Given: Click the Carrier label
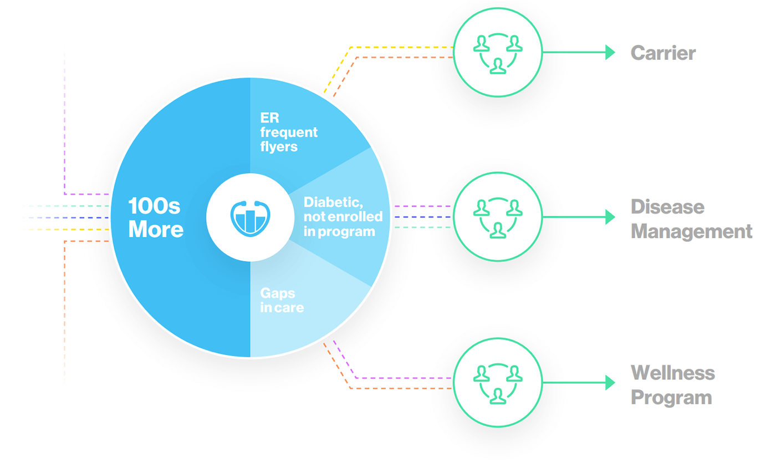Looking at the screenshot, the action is [x=663, y=53].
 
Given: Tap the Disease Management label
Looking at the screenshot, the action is [x=692, y=219].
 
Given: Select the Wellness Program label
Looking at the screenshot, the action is [x=673, y=384].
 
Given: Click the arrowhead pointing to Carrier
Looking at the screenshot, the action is [x=610, y=52].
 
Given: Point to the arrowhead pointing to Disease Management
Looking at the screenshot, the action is [x=610, y=217].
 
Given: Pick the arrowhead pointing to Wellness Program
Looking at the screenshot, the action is [x=610, y=383].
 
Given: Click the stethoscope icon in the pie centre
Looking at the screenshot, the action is [x=250, y=219].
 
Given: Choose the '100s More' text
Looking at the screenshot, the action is [x=156, y=217].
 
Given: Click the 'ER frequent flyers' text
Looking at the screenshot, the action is [x=289, y=132].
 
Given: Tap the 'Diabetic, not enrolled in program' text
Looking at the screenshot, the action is [x=343, y=217].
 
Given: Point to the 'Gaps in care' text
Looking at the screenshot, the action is [x=282, y=300].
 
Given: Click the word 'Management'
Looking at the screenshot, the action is [x=692, y=232].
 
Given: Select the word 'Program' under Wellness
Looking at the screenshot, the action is [x=671, y=398].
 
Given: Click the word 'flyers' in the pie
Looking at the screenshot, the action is [x=279, y=146].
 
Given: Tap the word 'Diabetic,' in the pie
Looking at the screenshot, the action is [x=333, y=202].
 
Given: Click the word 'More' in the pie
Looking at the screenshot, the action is [x=156, y=229].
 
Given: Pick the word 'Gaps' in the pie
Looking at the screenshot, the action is [x=278, y=293].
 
